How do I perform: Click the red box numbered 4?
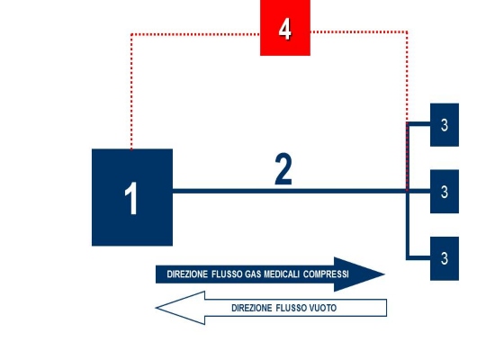[285, 28]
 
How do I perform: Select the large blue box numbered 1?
[132, 197]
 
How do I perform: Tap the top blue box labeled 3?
[445, 125]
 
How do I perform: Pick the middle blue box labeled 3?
[445, 192]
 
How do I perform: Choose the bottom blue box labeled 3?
[445, 258]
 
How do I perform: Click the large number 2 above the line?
[283, 169]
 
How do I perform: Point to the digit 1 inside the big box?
[131, 198]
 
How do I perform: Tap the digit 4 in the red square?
[284, 29]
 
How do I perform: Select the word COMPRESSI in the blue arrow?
[326, 274]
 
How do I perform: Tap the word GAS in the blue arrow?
[253, 274]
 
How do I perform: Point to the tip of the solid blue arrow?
[385, 274]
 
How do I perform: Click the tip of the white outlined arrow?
[156, 308]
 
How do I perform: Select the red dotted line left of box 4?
[195, 34]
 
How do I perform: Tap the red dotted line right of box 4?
[358, 31]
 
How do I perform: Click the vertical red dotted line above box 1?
[131, 92]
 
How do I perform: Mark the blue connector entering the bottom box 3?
[418, 258]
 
